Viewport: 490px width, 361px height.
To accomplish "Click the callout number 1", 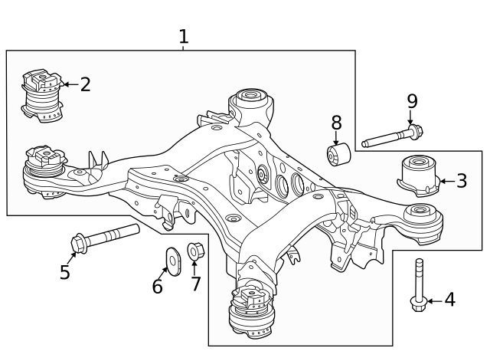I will coord(183,35).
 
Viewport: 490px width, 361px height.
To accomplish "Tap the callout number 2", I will coord(85,84).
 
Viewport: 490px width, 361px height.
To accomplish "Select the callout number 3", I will coord(461,181).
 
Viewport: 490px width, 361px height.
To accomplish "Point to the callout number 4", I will coord(449,300).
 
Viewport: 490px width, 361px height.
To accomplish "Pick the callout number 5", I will coord(65,272).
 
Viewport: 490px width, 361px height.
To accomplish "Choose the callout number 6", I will coord(158,286).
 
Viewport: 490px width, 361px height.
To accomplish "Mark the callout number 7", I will coord(195,284).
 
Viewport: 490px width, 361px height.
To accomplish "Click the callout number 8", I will coord(336,123).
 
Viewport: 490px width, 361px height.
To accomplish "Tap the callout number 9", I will coord(412,101).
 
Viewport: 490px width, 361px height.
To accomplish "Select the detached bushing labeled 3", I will coord(418,176).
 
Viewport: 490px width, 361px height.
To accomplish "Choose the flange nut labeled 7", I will coord(194,250).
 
